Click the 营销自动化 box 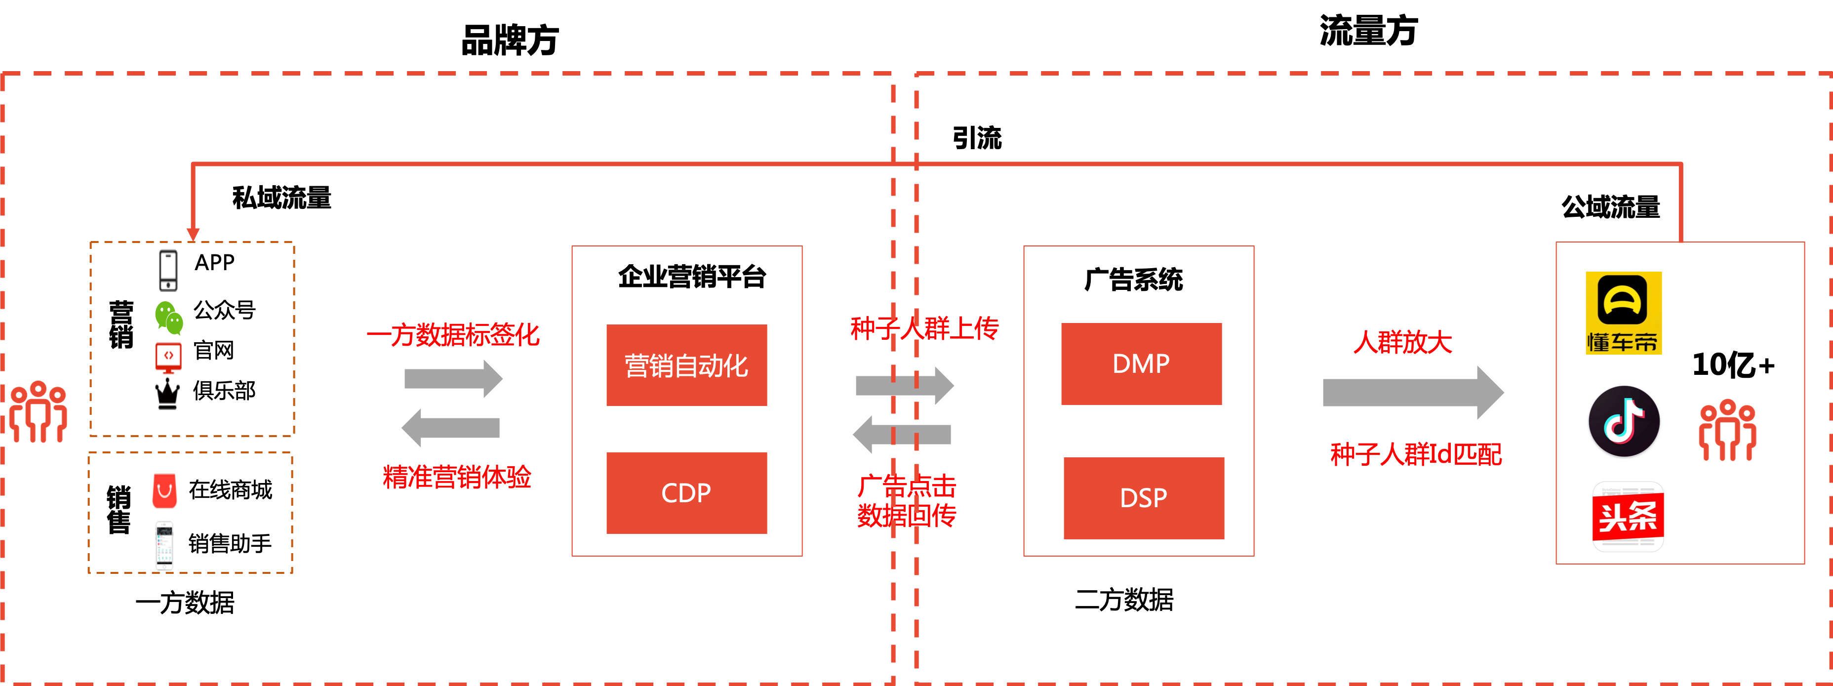tap(686, 365)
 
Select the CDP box tap(686, 492)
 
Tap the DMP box tap(1141, 363)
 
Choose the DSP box tap(1144, 497)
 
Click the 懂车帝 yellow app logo tap(1623, 313)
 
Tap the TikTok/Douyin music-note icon tap(1623, 421)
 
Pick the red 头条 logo tap(1626, 516)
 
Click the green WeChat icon tap(169, 318)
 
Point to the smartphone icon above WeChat tap(169, 272)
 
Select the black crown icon tap(167, 396)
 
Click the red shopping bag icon tap(164, 491)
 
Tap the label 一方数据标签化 tap(453, 334)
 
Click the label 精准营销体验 tap(457, 477)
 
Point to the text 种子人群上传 tap(924, 328)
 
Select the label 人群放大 tap(1402, 342)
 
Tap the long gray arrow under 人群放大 tap(1412, 392)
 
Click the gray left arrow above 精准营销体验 tap(451, 428)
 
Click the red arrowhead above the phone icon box tap(193, 234)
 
